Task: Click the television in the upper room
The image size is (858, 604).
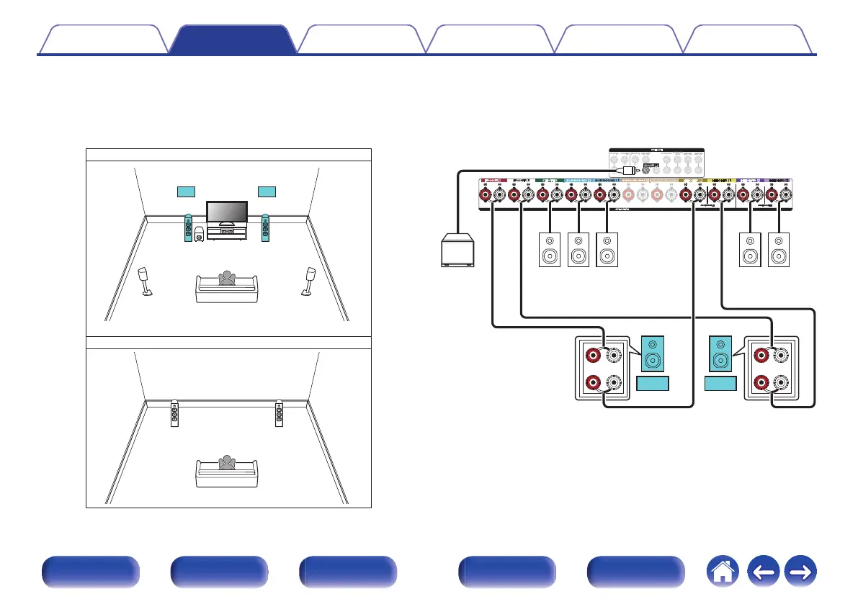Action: pyautogui.click(x=227, y=212)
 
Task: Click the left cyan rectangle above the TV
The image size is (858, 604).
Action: pyautogui.click(x=185, y=191)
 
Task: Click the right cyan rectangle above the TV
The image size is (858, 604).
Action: pyautogui.click(x=267, y=191)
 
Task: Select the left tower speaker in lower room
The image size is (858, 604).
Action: pyautogui.click(x=175, y=415)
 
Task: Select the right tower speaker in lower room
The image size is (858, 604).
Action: pyautogui.click(x=280, y=415)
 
